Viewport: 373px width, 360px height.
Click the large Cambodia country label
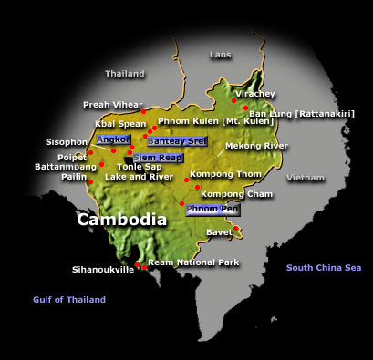pyautogui.click(x=121, y=220)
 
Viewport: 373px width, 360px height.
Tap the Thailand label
pyautogui.click(x=125, y=73)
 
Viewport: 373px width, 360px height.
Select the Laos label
pyautogui.click(x=221, y=55)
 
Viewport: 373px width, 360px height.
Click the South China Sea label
pyautogui.click(x=324, y=267)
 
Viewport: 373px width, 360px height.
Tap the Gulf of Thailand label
pyautogui.click(x=69, y=299)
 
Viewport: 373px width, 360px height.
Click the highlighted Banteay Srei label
pyautogui.click(x=170, y=143)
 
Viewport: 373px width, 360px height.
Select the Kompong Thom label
pyautogui.click(x=220, y=173)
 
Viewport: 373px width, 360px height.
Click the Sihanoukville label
pyautogui.click(x=102, y=270)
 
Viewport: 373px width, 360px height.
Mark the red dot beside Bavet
pyautogui.click(x=235, y=230)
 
